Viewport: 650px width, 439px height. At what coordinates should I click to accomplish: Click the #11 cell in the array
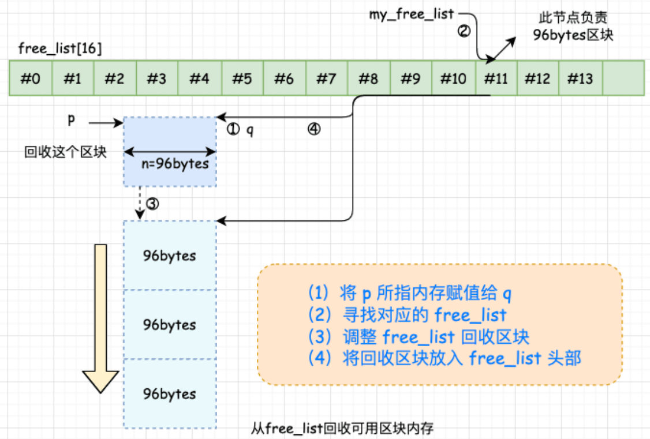(496, 78)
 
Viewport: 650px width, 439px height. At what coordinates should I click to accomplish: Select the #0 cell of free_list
(31, 78)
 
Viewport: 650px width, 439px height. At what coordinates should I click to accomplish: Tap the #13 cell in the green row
(580, 78)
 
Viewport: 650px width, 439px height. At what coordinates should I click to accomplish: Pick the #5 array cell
(242, 78)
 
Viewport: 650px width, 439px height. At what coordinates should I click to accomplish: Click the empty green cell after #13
(623, 78)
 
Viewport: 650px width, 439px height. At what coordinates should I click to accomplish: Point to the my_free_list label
(412, 14)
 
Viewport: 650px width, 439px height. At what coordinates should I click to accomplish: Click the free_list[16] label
(60, 48)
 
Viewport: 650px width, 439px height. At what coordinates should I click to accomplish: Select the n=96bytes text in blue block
(175, 163)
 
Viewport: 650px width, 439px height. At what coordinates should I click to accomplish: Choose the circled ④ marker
(314, 130)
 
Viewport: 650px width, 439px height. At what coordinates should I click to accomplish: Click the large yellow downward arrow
(101, 318)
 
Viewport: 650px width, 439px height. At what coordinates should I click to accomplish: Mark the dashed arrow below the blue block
(140, 203)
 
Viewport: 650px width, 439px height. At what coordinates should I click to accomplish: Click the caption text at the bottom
(342, 429)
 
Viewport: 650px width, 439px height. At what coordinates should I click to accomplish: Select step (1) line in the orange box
(410, 294)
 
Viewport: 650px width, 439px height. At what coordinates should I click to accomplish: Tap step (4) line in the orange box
(444, 358)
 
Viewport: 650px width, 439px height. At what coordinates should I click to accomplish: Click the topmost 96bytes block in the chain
(170, 256)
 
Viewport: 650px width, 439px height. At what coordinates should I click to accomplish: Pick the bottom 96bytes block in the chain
(170, 394)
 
